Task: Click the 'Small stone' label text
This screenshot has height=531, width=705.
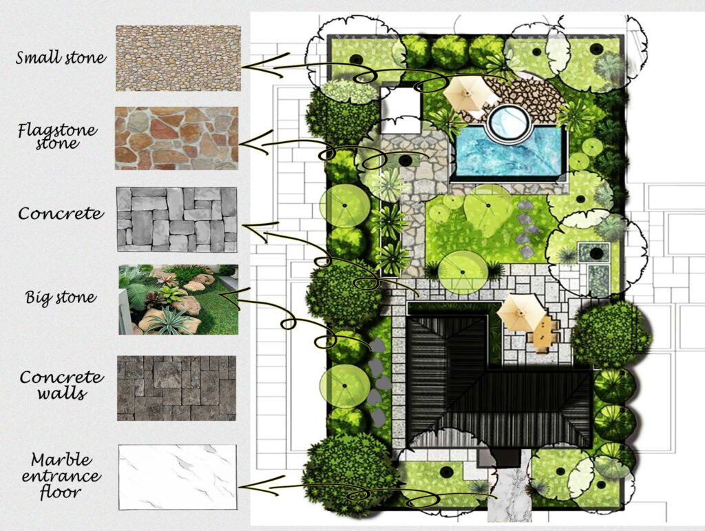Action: [61, 58]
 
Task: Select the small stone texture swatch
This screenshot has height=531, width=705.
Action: [178, 59]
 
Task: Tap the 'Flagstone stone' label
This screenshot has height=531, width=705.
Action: [57, 136]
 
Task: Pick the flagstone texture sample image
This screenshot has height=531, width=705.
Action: [177, 138]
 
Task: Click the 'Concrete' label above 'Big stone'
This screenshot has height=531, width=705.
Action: [61, 213]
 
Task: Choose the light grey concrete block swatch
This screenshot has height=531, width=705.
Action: [177, 220]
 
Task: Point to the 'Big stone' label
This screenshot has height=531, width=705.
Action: [61, 298]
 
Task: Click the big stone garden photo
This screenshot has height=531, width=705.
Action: [178, 300]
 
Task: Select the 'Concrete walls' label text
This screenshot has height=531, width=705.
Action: [61, 385]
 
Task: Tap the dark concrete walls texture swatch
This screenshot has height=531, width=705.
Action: [177, 388]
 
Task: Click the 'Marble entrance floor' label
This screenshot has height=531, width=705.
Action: [61, 476]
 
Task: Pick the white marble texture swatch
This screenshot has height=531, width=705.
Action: [178, 477]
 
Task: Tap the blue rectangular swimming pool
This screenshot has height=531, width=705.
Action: [510, 152]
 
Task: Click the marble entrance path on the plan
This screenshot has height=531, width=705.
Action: [510, 494]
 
